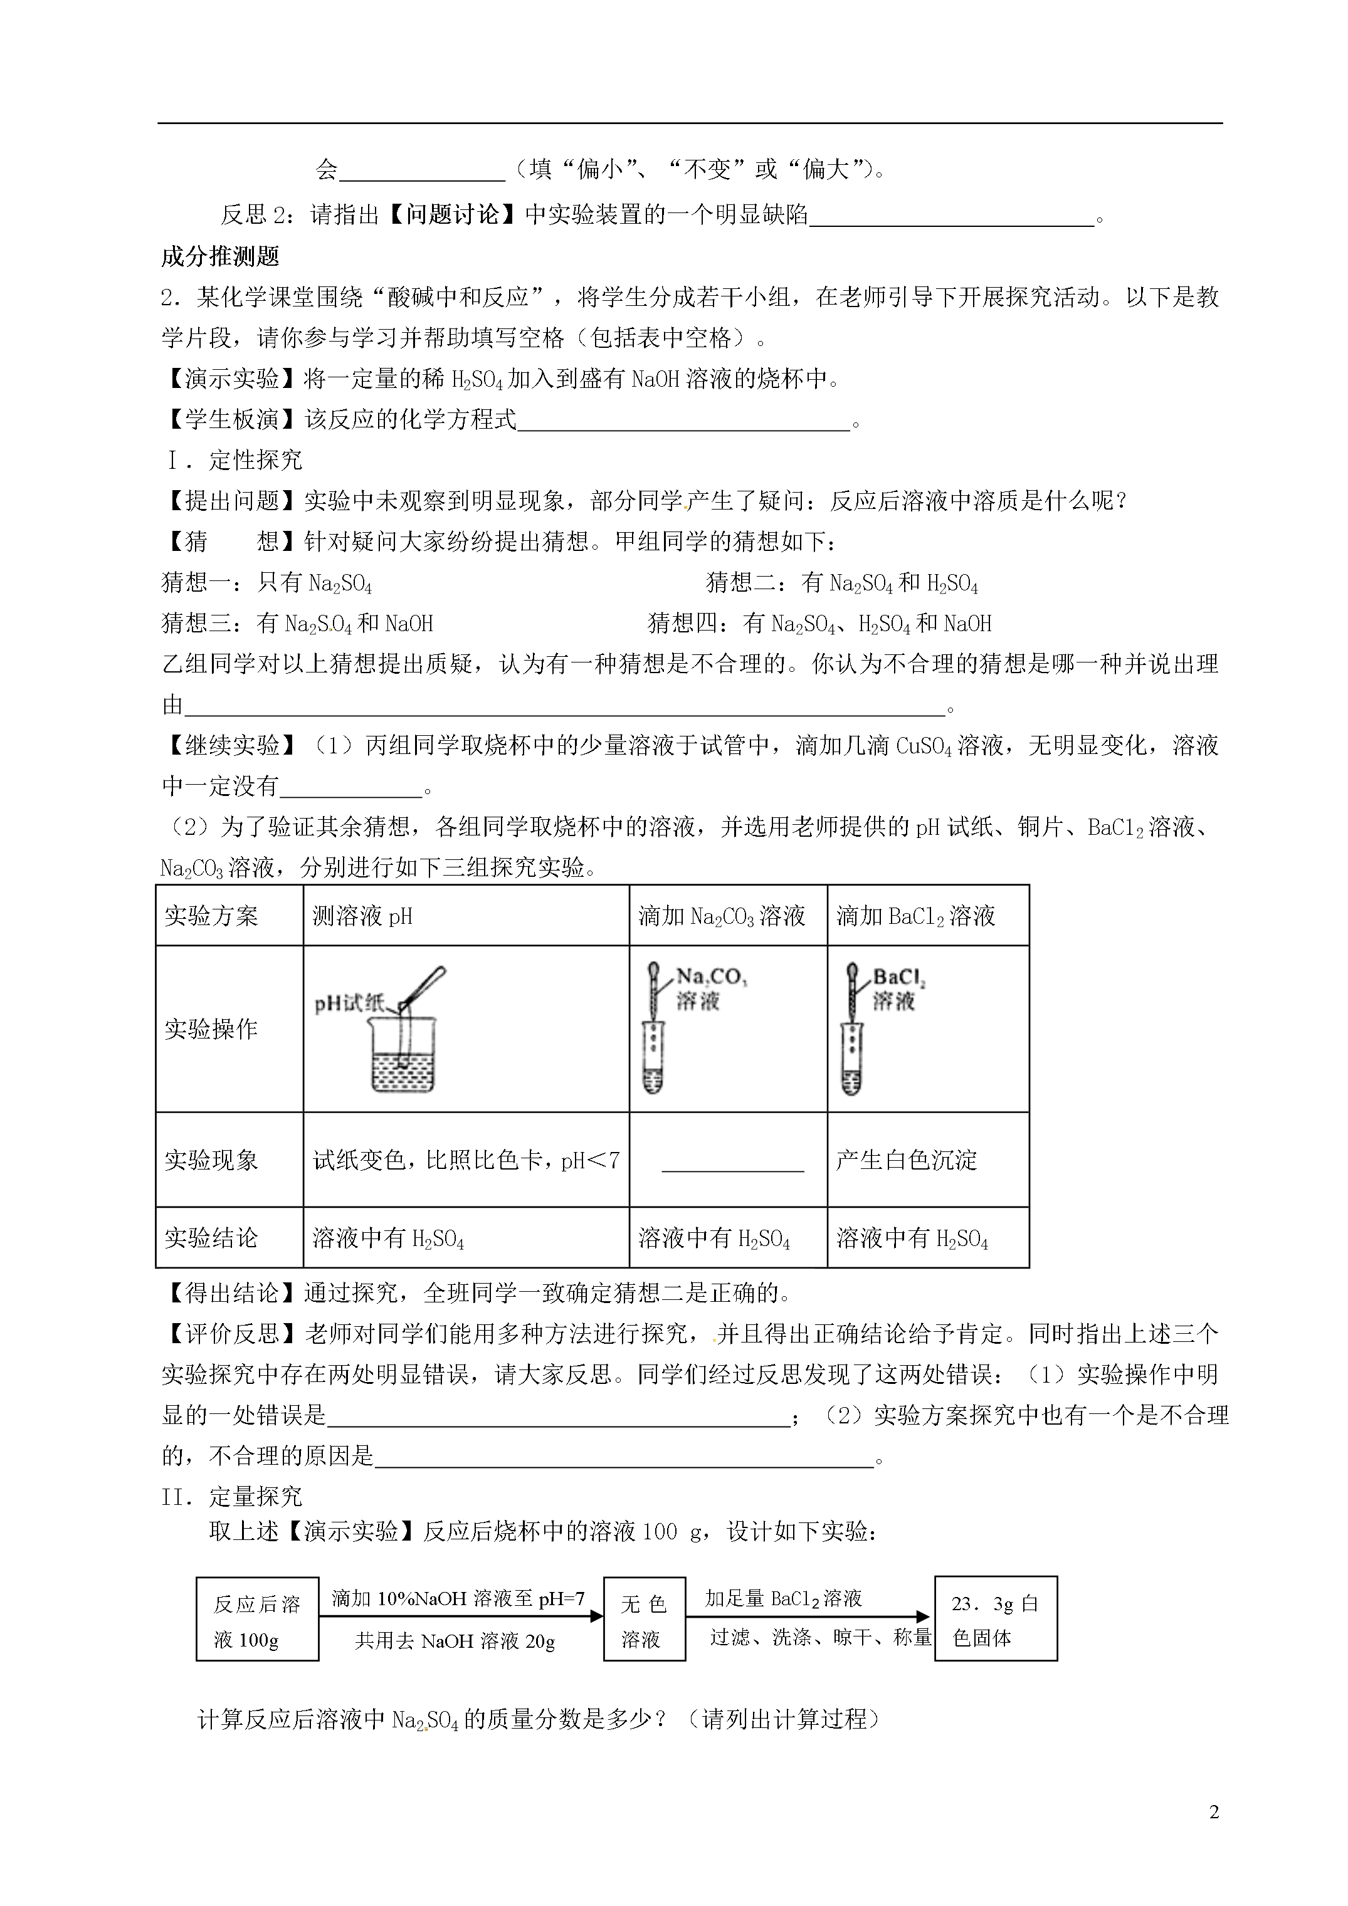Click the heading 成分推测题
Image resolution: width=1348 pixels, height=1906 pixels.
pyautogui.click(x=220, y=256)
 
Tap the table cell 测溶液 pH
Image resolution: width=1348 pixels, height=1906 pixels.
pyautogui.click(x=363, y=916)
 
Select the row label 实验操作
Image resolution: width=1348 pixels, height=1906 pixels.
pyautogui.click(x=211, y=1029)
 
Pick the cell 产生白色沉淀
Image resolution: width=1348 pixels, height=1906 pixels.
pyautogui.click(x=906, y=1160)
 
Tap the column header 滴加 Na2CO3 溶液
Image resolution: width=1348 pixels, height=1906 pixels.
pyautogui.click(x=722, y=916)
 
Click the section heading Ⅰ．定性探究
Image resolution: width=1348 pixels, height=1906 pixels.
pyautogui.click(x=233, y=460)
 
